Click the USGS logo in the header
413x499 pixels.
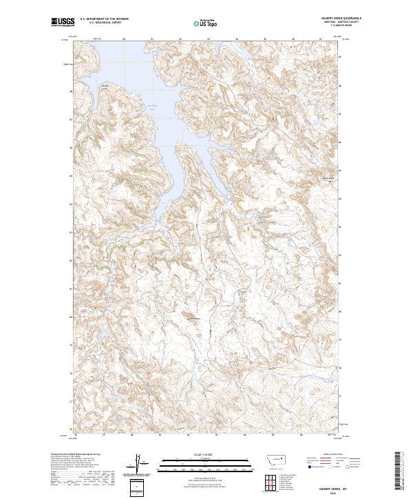(60, 23)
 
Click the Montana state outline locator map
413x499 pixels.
(269, 458)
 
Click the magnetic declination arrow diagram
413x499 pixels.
(138, 463)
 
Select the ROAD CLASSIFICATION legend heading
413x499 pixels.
(333, 455)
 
